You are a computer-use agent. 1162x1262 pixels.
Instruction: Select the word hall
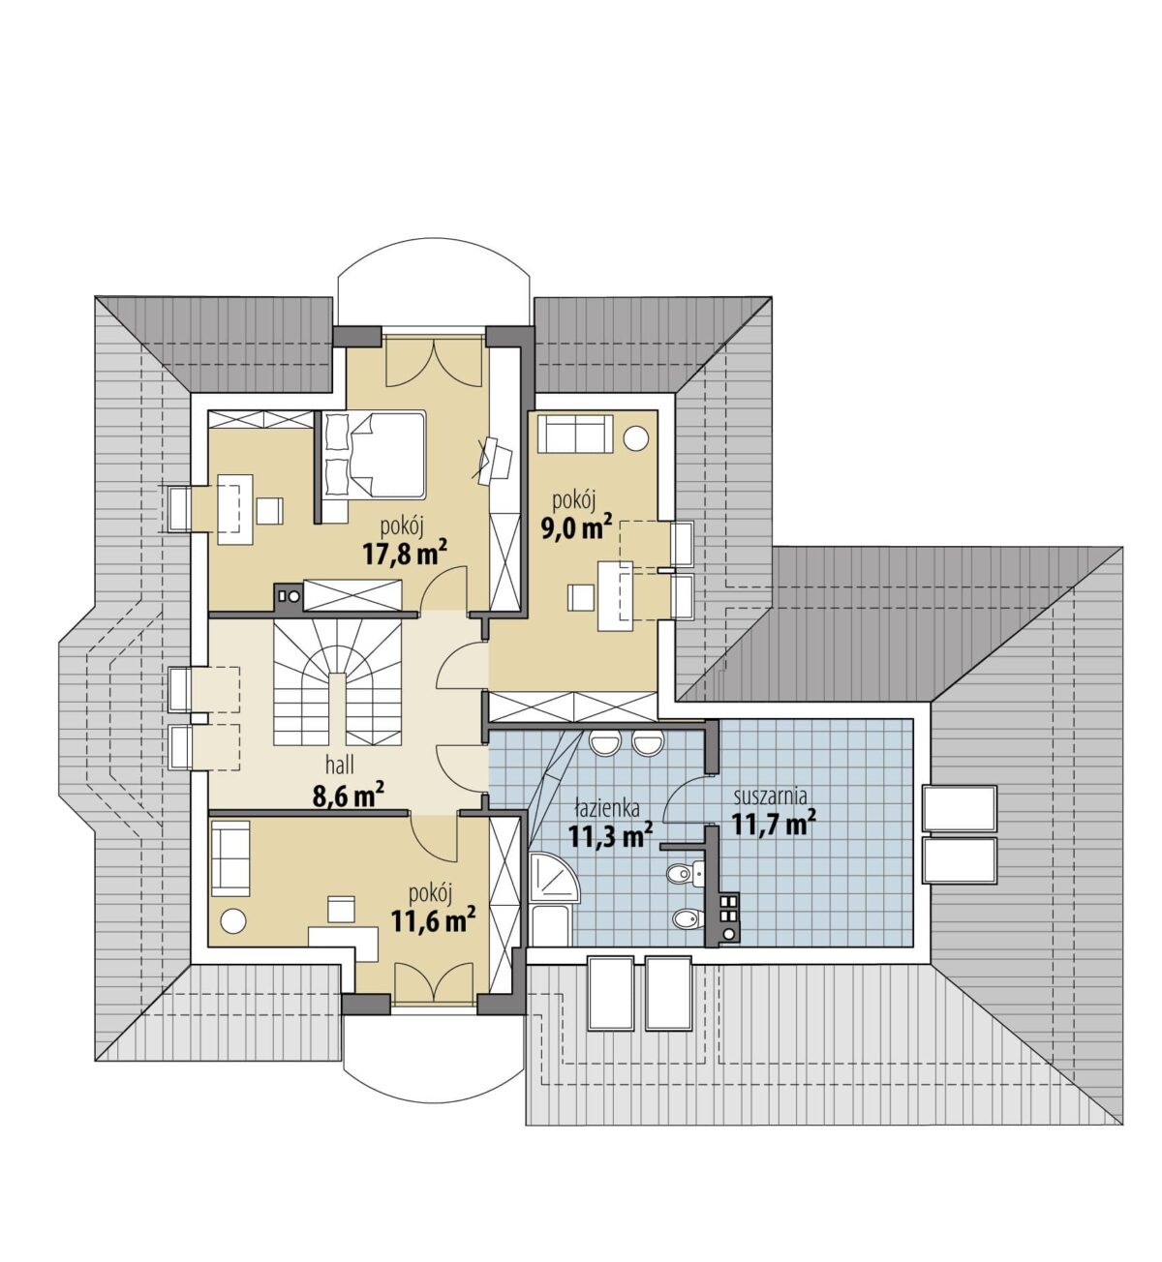[340, 765]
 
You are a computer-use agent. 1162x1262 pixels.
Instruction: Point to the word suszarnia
[770, 796]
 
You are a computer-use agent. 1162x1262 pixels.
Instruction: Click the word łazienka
[607, 807]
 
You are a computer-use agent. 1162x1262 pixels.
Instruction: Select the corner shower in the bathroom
[553, 878]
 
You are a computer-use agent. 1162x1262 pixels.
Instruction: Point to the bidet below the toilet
[685, 919]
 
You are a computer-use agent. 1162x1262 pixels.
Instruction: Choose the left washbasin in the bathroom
[605, 743]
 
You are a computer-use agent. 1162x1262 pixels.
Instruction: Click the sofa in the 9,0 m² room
[574, 434]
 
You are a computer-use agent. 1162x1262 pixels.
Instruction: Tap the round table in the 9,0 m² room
[636, 438]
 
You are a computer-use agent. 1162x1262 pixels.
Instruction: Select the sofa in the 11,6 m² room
[230, 858]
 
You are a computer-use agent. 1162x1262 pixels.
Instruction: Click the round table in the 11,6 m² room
[233, 921]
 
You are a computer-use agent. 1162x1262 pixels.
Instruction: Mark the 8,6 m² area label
[349, 796]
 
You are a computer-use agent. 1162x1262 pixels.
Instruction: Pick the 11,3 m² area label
[610, 835]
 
